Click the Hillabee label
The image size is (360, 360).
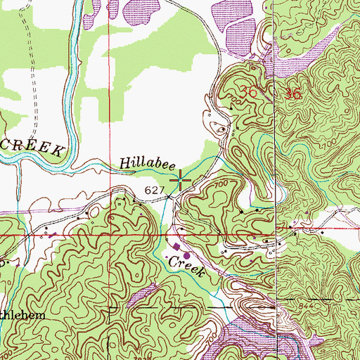[147, 163]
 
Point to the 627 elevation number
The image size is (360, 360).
[155, 190]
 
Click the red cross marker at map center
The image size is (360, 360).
[180, 180]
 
